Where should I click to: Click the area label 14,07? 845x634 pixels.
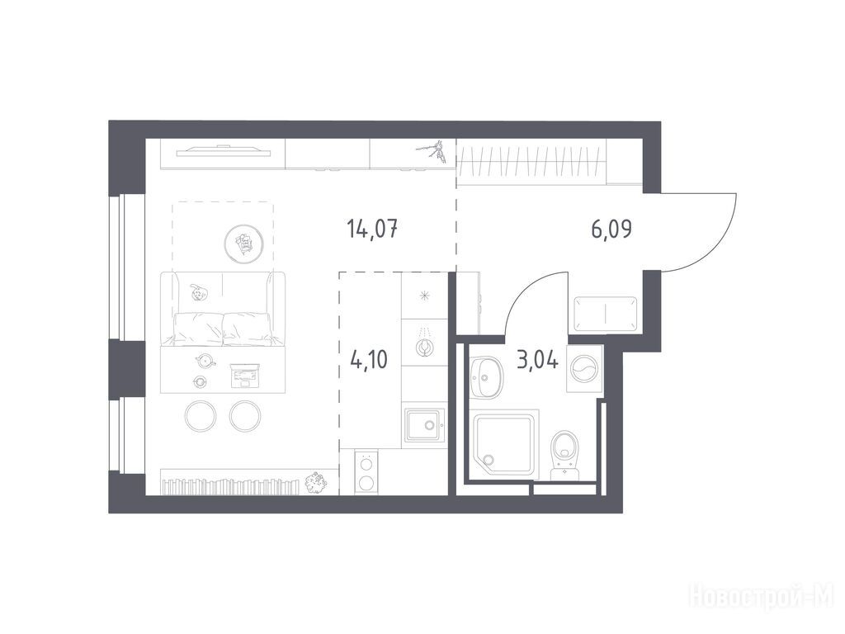(373, 229)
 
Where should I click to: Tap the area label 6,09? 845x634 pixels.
(611, 229)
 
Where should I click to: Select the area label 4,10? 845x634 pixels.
(369, 359)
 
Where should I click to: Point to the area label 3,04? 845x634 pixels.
(537, 359)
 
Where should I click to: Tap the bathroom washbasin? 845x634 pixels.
(486, 376)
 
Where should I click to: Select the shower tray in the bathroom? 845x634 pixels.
(504, 445)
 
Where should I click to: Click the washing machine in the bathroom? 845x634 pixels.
(584, 369)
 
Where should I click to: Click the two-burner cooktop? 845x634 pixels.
(366, 471)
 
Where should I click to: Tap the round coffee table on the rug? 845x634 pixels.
(243, 244)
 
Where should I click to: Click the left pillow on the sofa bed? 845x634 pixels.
(199, 329)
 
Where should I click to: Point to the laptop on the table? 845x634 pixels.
(245, 376)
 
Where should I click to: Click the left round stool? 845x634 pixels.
(201, 416)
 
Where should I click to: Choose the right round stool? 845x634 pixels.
(245, 416)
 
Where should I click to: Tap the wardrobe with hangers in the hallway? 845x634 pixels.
(532, 163)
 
